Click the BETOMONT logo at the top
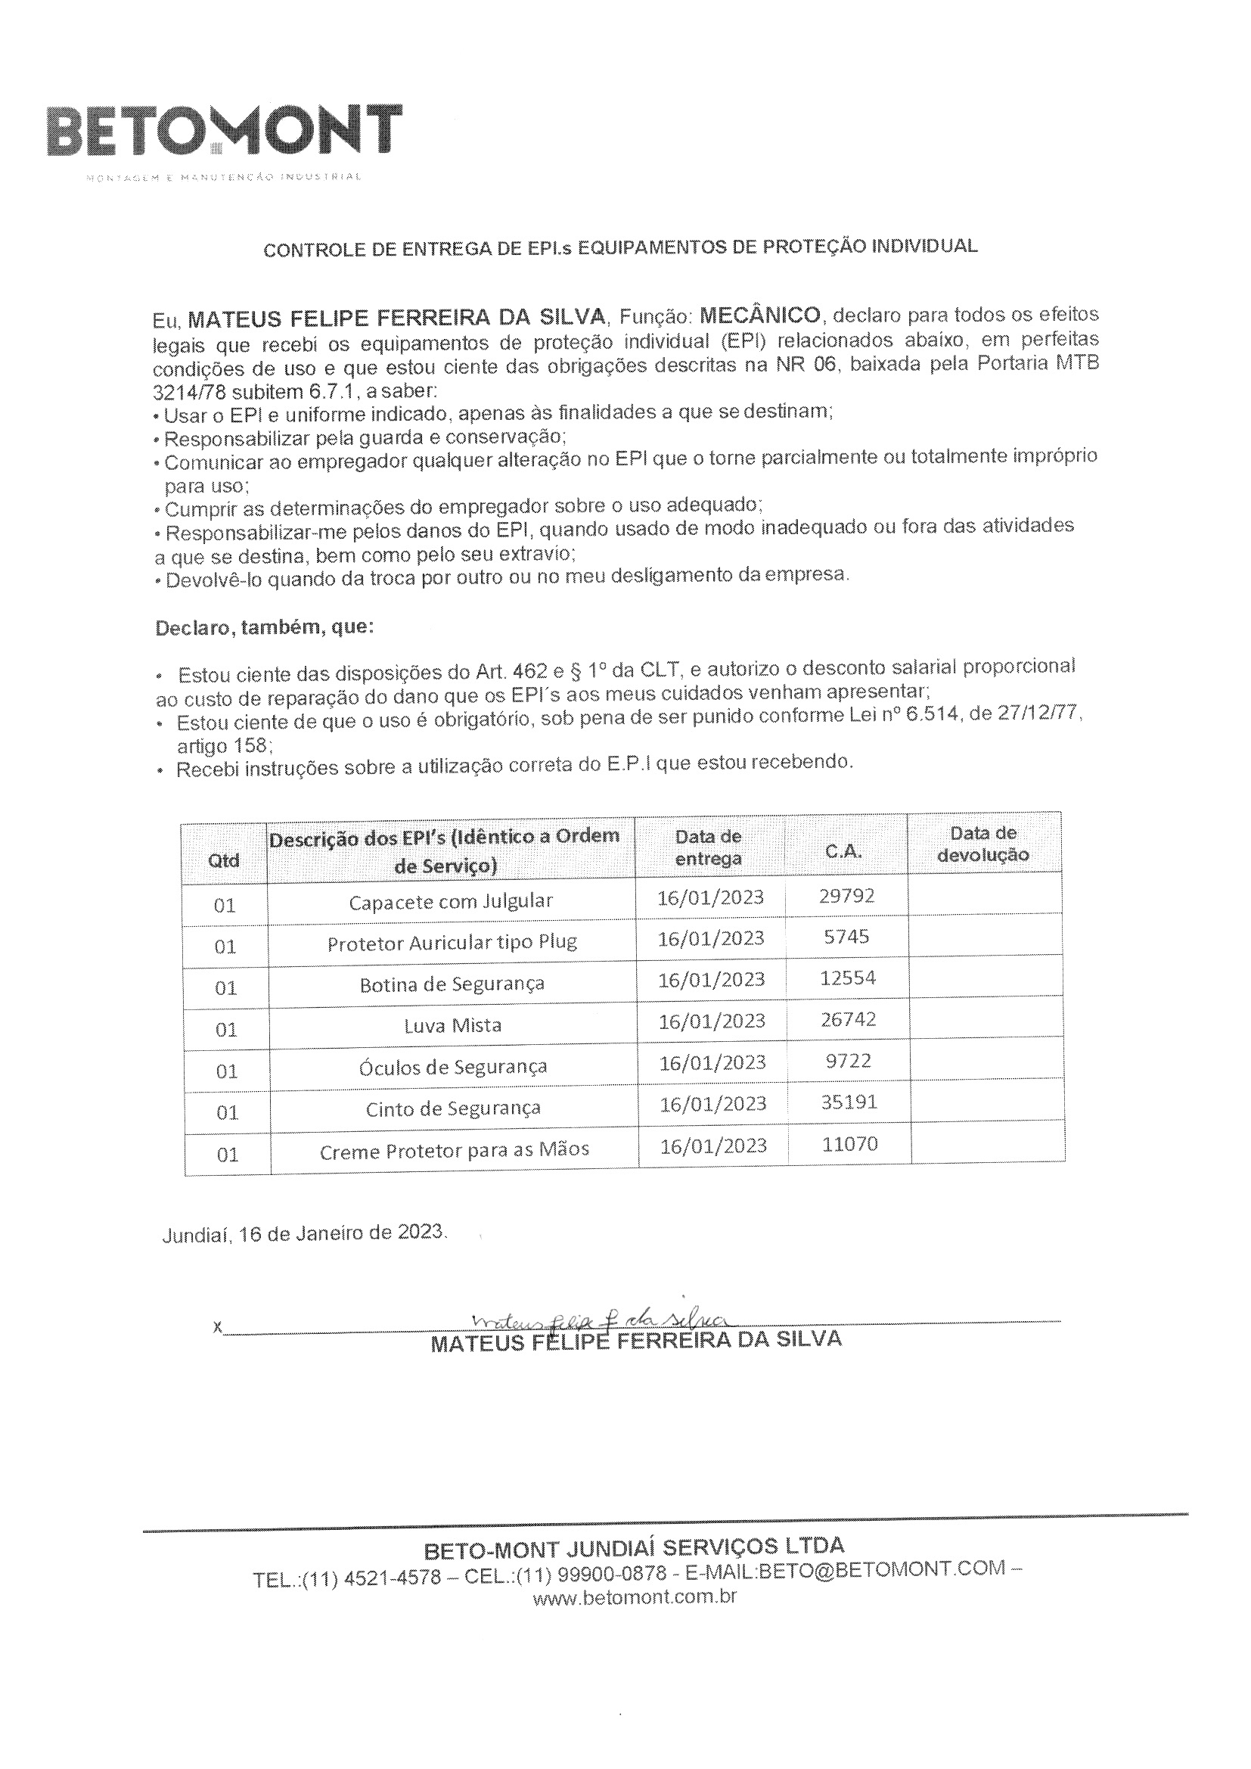224,131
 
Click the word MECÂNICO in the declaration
759,315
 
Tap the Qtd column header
224,860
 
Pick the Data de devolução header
983,843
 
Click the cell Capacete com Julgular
451,901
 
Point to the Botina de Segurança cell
452,984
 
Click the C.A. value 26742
847,1019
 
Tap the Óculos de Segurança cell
453,1067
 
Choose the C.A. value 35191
849,1102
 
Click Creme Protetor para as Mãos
455,1150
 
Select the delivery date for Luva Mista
712,1021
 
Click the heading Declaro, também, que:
264,627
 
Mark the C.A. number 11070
849,1143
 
